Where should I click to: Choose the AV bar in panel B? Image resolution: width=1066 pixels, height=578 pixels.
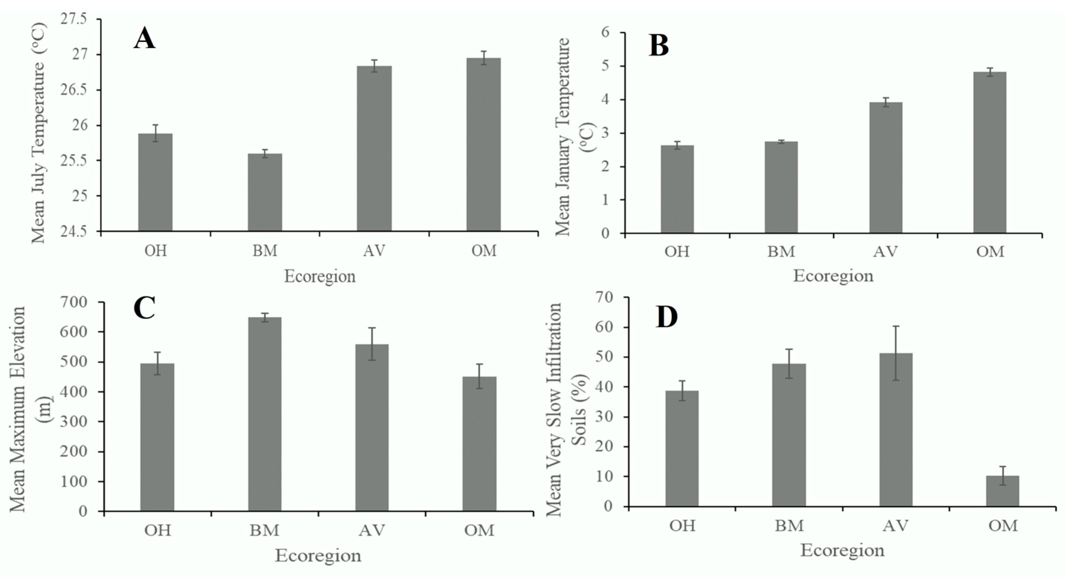pos(885,168)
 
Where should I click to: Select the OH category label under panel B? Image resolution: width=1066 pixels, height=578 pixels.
pos(677,252)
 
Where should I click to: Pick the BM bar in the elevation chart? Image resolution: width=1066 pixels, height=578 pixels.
pos(265,414)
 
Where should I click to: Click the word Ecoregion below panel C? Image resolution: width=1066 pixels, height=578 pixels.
pos(318,555)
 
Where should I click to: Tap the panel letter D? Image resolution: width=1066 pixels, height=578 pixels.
pos(667,317)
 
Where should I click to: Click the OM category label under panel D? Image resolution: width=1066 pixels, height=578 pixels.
pos(1003,526)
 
